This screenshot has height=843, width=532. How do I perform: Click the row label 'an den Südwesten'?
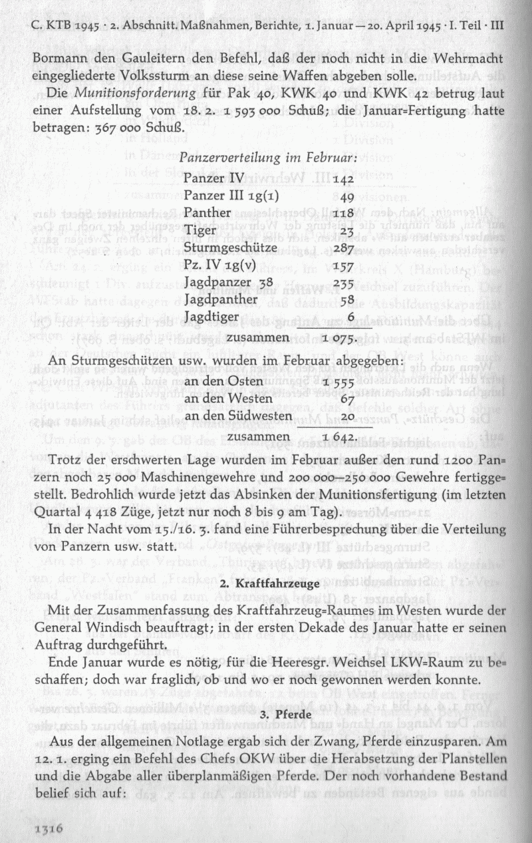pyautogui.click(x=239, y=416)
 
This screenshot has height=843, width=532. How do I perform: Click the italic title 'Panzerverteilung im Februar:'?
pyautogui.click(x=269, y=159)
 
